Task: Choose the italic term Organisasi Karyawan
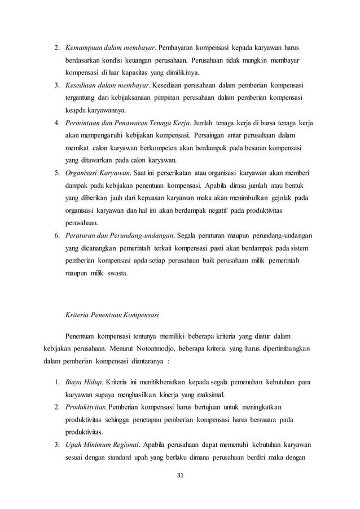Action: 99,174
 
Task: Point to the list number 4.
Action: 56,124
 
